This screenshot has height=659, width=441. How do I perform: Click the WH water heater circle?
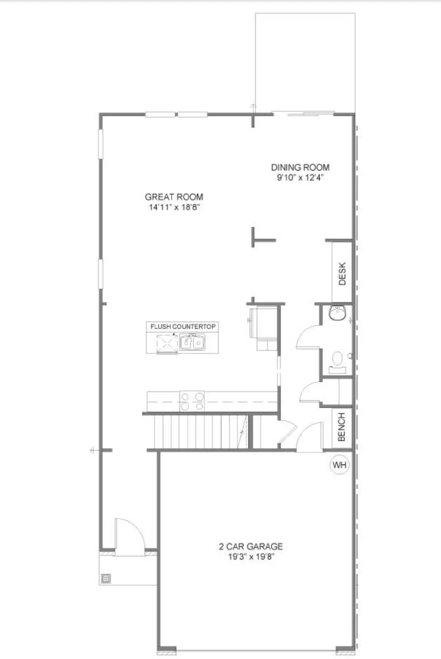340,465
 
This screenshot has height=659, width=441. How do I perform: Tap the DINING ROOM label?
300,167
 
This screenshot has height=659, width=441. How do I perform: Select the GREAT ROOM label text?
174,197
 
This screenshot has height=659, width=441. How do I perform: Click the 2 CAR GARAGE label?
251,547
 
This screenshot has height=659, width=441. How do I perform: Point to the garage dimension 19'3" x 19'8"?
251,557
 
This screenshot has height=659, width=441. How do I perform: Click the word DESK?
342,274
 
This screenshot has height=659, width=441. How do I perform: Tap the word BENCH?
342,428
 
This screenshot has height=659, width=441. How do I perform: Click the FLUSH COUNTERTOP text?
183,327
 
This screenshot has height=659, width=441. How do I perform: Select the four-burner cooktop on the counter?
192,401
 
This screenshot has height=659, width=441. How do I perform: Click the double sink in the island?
192,342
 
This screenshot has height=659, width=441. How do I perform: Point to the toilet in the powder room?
338,359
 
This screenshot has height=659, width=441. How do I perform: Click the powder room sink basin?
338,314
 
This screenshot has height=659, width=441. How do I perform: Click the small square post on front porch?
106,579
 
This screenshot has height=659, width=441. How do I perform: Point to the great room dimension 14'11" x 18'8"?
174,207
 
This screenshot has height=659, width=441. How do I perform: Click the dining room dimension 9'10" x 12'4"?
300,178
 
